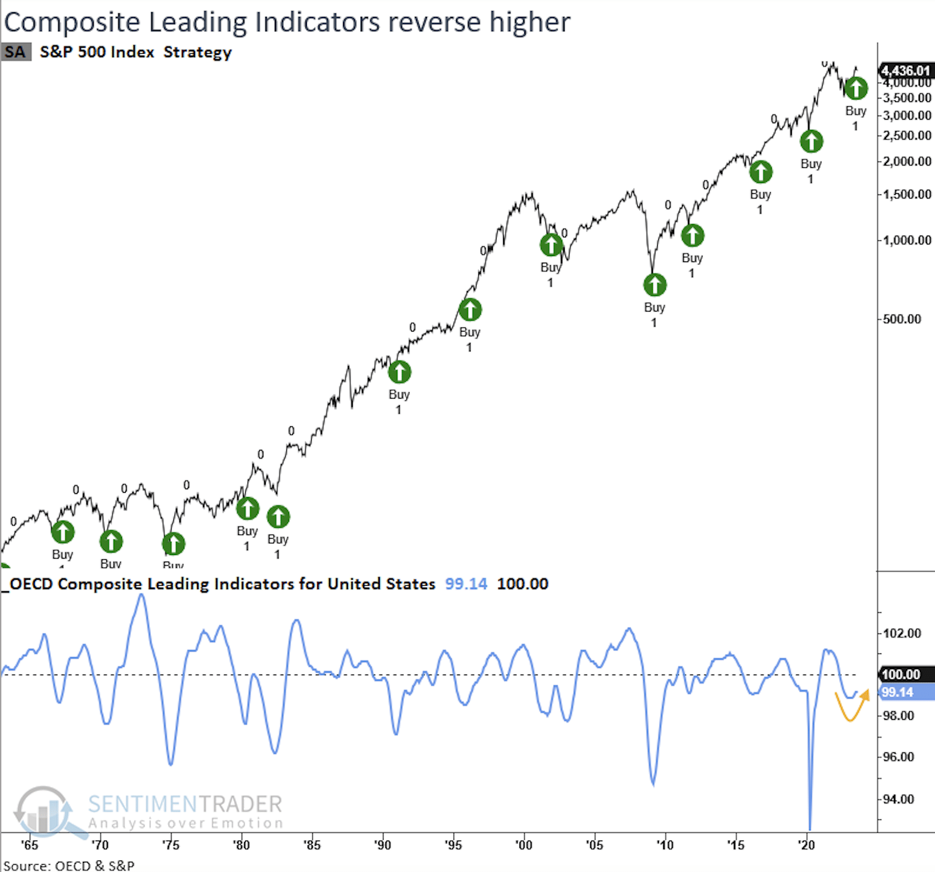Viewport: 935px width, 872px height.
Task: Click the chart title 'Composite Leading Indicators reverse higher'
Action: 287,22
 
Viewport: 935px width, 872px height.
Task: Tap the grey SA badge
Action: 16,52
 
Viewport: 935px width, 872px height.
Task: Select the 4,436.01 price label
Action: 905,71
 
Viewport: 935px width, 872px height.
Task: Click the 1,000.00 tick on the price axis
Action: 907,240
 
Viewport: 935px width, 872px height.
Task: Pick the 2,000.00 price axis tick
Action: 907,161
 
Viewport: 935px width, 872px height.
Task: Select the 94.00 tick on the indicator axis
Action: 898,799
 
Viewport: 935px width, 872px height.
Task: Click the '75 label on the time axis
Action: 170,845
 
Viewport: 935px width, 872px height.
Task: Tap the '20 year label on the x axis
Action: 806,845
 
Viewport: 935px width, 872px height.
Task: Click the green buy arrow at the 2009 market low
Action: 655,285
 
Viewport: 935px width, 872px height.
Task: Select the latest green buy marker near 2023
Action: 856,89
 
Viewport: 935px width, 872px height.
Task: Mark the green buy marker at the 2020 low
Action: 811,141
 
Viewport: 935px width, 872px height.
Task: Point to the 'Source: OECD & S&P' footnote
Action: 69,865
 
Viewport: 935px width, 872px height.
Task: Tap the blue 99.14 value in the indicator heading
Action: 466,584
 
